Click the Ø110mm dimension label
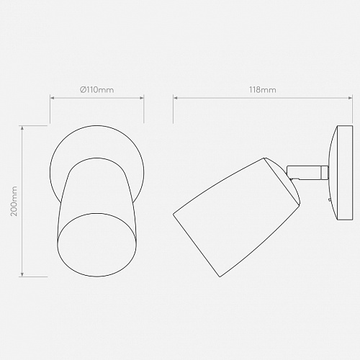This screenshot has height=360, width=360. point(96,90)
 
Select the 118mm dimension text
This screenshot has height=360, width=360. point(263,90)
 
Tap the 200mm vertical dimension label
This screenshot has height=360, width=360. point(14,201)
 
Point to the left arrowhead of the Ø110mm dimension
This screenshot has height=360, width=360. point(52,98)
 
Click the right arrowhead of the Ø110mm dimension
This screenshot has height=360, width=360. point(142,98)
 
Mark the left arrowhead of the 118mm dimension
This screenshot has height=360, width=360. point(176,98)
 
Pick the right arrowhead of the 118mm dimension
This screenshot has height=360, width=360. point(351,98)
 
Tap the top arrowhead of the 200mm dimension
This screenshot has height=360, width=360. point(22,127)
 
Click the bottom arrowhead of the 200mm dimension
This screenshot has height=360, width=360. point(22,274)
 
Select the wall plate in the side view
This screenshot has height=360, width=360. point(341,173)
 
